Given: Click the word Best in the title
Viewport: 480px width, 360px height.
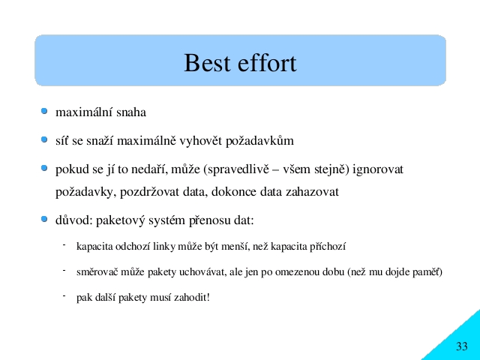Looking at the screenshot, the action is pyautogui.click(x=207, y=63).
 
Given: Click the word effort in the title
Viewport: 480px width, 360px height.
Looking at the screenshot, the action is pyautogui.click(x=267, y=63).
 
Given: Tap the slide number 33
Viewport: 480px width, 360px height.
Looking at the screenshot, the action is pyautogui.click(x=462, y=346).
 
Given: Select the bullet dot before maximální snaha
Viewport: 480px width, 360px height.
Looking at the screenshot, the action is pyautogui.click(x=44, y=111).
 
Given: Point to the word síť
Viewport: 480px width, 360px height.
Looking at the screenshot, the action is pyautogui.click(x=61, y=140).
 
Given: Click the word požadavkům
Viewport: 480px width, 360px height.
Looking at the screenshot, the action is pyautogui.click(x=259, y=141).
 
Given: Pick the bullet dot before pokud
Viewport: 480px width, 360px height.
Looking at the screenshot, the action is pyautogui.click(x=44, y=168).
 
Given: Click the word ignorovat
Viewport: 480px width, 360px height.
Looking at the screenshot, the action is pyautogui.click(x=378, y=169).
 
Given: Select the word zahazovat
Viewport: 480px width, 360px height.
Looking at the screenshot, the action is pyautogui.click(x=312, y=192).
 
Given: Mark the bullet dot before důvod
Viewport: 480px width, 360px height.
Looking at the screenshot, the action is pyautogui.click(x=44, y=219).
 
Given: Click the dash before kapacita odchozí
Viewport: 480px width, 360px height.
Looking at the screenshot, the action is pyautogui.click(x=64, y=244).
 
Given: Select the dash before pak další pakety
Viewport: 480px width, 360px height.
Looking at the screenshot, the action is pyautogui.click(x=64, y=295).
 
